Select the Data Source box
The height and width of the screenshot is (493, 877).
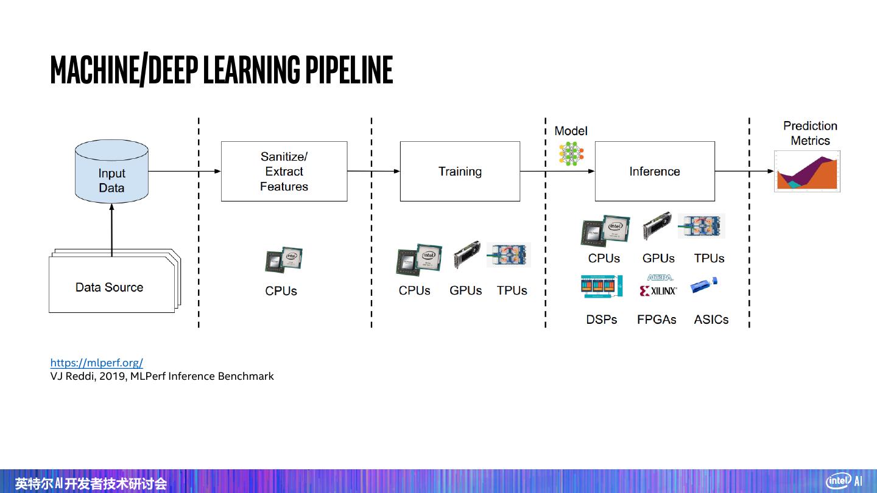[x=110, y=287]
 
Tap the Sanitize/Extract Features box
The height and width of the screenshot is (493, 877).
[x=284, y=172]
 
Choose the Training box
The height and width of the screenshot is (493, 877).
[x=460, y=172]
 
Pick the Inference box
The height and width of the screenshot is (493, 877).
[x=654, y=172]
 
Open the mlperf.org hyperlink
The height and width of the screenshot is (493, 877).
[x=96, y=363]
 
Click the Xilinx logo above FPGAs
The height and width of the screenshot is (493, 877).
[x=658, y=291]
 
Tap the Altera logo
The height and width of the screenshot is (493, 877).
[x=660, y=278]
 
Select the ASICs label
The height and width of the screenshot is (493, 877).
[x=711, y=320]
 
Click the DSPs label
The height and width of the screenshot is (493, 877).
[x=601, y=320]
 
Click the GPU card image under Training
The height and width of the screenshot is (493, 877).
[x=467, y=256]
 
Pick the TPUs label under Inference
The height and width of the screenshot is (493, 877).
[x=709, y=258]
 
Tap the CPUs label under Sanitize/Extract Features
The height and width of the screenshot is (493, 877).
[x=281, y=291]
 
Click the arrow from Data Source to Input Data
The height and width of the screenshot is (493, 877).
[x=111, y=228]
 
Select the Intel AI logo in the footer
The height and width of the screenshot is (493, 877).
[x=844, y=481]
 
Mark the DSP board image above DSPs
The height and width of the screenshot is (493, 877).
[x=602, y=287]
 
